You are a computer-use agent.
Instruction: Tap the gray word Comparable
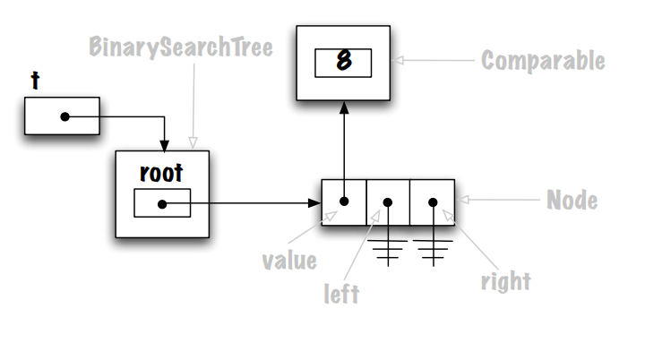[543, 61]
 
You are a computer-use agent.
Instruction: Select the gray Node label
[572, 200]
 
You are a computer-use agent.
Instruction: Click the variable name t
[35, 81]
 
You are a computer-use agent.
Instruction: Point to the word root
[160, 171]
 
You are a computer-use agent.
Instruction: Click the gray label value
[288, 261]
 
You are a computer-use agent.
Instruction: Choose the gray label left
[341, 294]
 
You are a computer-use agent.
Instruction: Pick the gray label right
[505, 281]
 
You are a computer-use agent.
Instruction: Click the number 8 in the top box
[343, 61]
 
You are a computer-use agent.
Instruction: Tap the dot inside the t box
[64, 116]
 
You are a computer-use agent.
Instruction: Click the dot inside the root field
[161, 203]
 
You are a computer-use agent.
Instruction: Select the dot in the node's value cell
[343, 201]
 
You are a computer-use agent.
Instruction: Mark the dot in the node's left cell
[388, 201]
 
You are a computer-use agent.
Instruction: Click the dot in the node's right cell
[433, 201]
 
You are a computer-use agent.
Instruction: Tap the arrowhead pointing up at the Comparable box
[343, 107]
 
